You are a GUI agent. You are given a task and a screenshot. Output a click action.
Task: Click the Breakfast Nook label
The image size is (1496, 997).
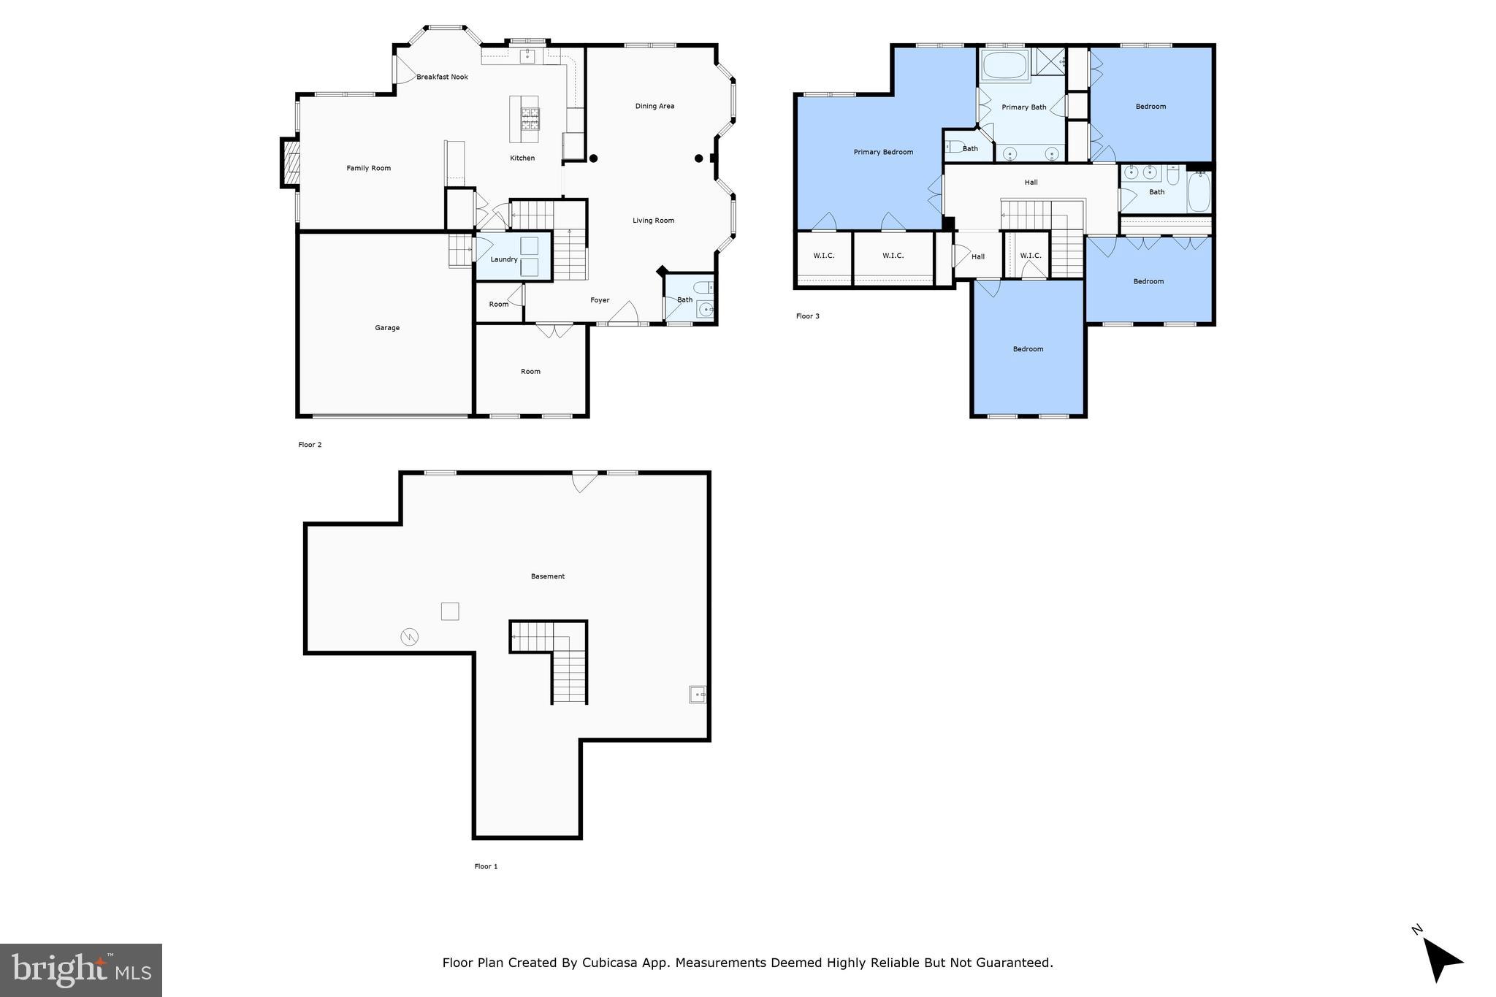coord(442,77)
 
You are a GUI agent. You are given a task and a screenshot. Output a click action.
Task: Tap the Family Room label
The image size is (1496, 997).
coord(368,168)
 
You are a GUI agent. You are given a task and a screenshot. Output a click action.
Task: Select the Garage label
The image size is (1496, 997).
coord(387,328)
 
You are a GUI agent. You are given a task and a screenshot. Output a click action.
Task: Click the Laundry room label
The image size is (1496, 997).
coord(504,259)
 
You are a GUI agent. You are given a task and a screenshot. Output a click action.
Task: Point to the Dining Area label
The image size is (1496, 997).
coord(654,106)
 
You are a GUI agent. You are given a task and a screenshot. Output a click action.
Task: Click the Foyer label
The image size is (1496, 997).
coord(600,300)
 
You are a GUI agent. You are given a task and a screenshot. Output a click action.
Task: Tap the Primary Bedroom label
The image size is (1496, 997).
coord(883,152)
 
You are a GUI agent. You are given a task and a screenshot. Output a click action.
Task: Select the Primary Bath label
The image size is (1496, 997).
coord(1023,107)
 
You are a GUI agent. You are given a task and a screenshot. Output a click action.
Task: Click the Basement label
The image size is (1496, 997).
coord(548,576)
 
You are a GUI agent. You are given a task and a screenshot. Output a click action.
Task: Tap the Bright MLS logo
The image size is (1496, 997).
coord(81,970)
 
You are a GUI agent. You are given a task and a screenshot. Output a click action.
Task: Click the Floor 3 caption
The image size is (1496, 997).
coord(807,316)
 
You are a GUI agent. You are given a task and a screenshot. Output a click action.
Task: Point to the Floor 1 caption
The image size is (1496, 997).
coord(486,866)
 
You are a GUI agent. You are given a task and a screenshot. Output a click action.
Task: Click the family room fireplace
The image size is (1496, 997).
coord(290,162)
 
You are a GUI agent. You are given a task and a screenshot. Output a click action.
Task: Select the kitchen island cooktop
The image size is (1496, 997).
coord(530,119)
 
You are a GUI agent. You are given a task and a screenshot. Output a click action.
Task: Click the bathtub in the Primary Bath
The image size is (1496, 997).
coord(1005,66)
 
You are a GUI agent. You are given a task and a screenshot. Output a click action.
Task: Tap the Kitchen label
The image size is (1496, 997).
coord(522,158)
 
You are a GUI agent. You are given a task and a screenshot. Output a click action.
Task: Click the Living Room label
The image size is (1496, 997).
coord(653,221)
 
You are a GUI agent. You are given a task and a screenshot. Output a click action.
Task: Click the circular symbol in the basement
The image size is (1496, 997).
coord(410,637)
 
